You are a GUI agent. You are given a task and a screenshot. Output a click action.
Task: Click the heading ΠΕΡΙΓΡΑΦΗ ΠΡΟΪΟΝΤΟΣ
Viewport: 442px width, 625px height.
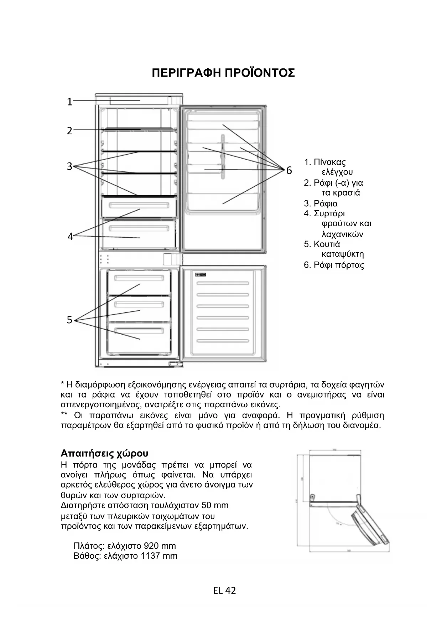click(x=223, y=73)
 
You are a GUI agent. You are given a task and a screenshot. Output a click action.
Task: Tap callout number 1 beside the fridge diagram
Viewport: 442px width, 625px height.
click(x=70, y=102)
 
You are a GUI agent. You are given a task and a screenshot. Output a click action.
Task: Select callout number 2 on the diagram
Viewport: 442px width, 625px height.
click(x=70, y=131)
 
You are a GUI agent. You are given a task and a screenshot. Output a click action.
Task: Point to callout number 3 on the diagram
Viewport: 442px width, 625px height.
click(x=70, y=166)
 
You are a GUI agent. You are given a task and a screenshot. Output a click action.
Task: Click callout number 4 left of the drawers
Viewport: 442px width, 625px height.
click(x=71, y=237)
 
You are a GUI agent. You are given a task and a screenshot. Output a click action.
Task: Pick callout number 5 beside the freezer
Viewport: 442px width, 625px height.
click(x=70, y=320)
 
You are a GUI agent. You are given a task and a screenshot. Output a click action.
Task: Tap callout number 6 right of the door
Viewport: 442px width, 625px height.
click(x=289, y=171)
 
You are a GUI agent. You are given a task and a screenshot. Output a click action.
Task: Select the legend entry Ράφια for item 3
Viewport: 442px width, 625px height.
click(x=326, y=203)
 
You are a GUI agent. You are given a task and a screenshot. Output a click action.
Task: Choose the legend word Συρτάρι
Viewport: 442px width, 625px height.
click(x=329, y=214)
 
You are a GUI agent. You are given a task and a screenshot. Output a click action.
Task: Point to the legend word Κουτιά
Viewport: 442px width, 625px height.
click(x=327, y=244)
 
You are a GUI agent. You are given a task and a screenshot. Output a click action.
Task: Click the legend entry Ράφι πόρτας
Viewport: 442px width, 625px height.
click(x=339, y=265)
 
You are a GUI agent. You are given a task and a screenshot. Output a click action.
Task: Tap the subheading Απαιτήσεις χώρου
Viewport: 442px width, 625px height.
click(x=104, y=454)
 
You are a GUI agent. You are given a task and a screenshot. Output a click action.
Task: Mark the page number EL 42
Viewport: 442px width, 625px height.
click(x=224, y=590)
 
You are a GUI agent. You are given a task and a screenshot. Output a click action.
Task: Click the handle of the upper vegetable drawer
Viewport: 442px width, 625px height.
click(x=139, y=206)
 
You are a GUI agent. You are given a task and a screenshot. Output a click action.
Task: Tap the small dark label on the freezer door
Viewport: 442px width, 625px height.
click(x=201, y=274)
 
